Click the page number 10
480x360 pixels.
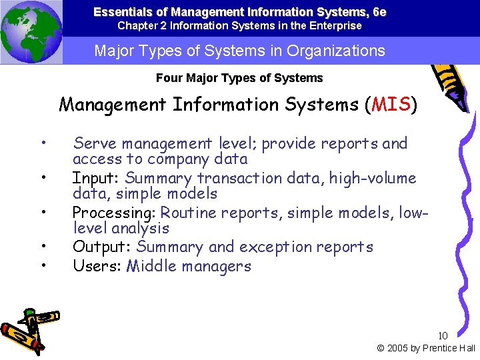coord(443,335)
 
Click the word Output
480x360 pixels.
coord(101,247)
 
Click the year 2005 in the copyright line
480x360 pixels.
coord(399,348)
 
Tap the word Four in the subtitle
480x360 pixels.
coord(168,78)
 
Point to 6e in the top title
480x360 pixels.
coord(379,12)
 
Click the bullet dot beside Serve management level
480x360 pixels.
coord(43,143)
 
